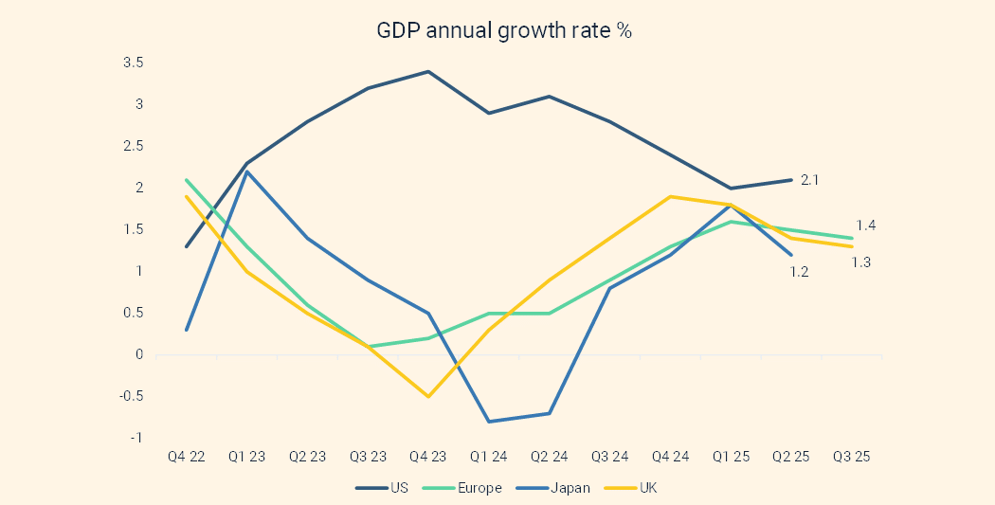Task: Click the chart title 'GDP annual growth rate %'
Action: coord(504,30)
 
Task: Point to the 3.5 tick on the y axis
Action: coord(133,63)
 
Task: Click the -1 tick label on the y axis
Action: coord(136,438)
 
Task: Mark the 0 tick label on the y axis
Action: coord(138,354)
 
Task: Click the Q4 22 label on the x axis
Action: coord(186,457)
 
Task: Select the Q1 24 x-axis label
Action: coord(489,457)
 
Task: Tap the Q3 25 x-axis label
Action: coord(851,457)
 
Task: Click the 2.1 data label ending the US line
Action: coord(810,179)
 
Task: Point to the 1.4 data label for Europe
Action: coord(865,225)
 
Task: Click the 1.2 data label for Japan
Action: coord(799,272)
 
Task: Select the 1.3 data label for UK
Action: coord(860,262)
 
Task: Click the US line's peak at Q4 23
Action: coord(428,71)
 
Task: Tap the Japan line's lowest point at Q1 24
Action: coord(489,422)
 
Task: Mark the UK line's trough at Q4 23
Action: coord(428,396)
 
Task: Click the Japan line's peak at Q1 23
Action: coord(246,171)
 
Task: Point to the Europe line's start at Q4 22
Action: coord(187,179)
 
